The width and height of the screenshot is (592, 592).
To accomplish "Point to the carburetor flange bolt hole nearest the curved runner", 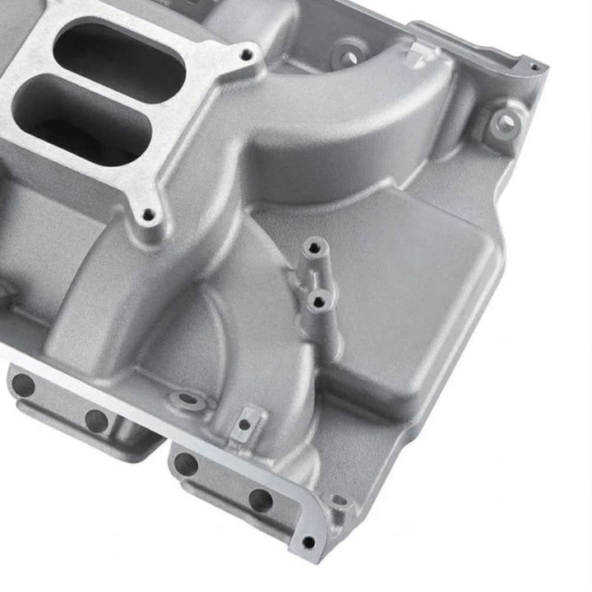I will tap(246, 55).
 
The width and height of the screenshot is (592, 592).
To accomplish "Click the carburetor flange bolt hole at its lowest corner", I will tap(150, 215).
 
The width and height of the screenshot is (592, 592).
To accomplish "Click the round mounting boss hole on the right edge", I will tap(504, 123).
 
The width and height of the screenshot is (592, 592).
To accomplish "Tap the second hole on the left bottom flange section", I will tap(96, 420).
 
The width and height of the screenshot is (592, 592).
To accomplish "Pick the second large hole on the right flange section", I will tap(261, 500).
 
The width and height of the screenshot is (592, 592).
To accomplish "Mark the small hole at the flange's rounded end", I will tap(308, 542).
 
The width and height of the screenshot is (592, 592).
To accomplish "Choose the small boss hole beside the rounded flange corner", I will tap(337, 501).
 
